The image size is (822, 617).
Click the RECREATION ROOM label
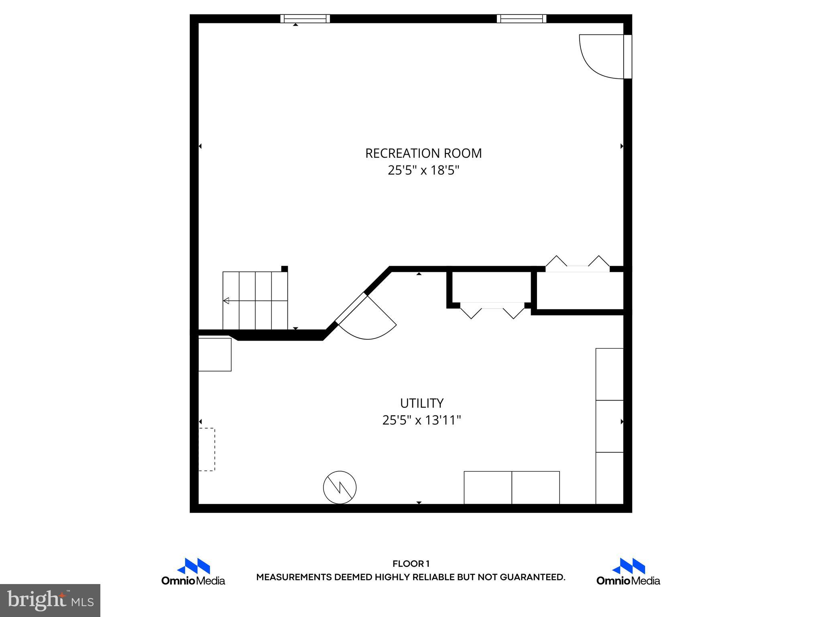pyautogui.click(x=423, y=153)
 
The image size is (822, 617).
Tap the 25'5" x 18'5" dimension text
pyautogui.click(x=423, y=171)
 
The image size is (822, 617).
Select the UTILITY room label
pyautogui.click(x=421, y=403)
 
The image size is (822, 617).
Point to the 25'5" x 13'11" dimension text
pyautogui.click(x=421, y=421)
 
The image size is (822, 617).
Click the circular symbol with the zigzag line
pyautogui.click(x=340, y=487)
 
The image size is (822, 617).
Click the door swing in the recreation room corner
pyautogui.click(x=601, y=56)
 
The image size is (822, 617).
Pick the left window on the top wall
pyautogui.click(x=305, y=18)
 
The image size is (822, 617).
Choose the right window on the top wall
pyautogui.click(x=521, y=18)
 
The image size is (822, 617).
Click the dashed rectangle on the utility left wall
pyautogui.click(x=207, y=449)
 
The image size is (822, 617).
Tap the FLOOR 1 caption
pyautogui.click(x=411, y=564)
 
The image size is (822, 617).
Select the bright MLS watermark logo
pyautogui.click(x=50, y=601)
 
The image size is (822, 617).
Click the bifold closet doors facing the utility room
pyautogui.click(x=492, y=309)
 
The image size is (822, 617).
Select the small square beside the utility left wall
pyautogui.click(x=215, y=354)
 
